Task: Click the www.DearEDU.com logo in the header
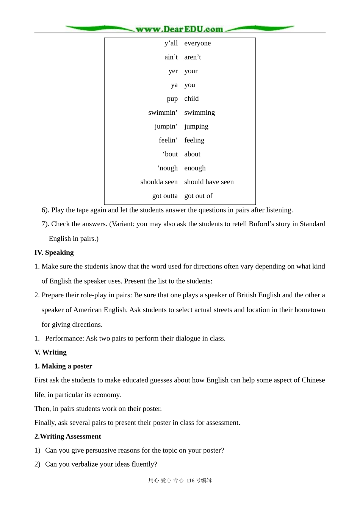pyautogui.click(x=179, y=29)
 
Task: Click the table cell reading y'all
pyautogui.click(x=171, y=43)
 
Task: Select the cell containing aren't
pyautogui.click(x=193, y=57)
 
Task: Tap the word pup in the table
pyautogui.click(x=172, y=99)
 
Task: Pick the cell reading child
pyautogui.click(x=191, y=98)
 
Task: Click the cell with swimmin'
pyautogui.click(x=163, y=112)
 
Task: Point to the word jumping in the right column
pyautogui.click(x=196, y=126)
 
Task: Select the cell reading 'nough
pyautogui.click(x=167, y=168)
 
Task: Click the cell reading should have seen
pyautogui.click(x=209, y=182)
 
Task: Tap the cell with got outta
pyautogui.click(x=165, y=196)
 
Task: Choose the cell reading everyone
pyautogui.click(x=197, y=43)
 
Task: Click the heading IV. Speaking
pyautogui.click(x=54, y=253)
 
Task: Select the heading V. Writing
pyautogui.click(x=50, y=352)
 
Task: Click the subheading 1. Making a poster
pyautogui.click(x=63, y=366)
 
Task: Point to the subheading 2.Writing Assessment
pyautogui.click(x=67, y=436)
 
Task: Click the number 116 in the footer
pyautogui.click(x=190, y=480)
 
